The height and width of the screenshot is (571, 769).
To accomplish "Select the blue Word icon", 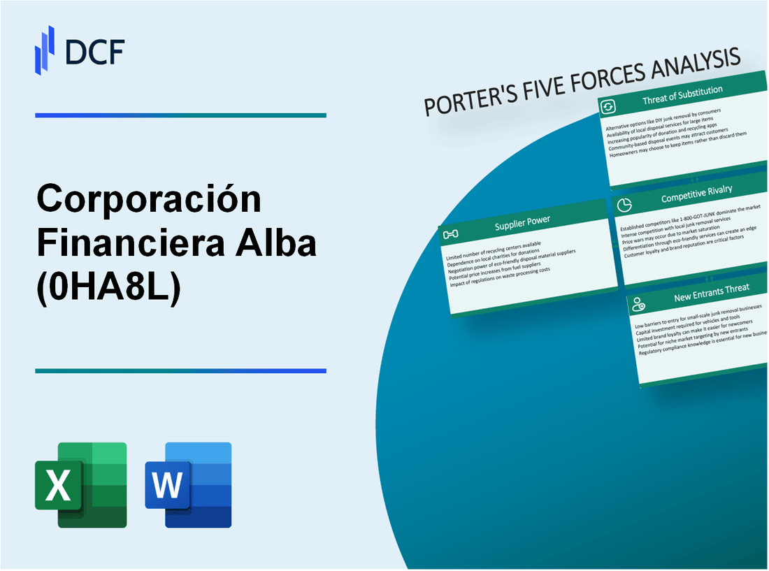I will (x=188, y=484).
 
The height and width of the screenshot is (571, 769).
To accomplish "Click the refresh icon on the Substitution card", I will (x=608, y=106).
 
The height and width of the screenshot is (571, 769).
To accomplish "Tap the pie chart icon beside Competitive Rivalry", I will (x=625, y=204).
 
